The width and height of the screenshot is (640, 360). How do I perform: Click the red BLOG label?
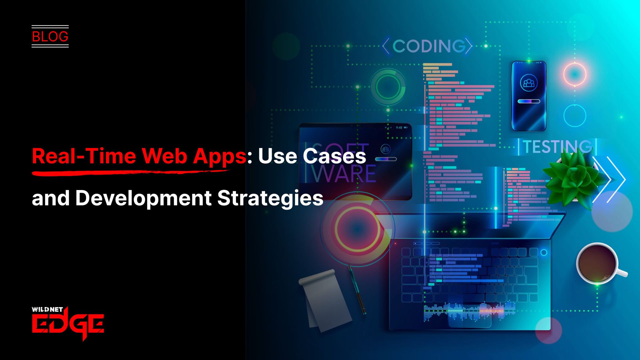50,36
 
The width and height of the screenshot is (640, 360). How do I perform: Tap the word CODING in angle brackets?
429,46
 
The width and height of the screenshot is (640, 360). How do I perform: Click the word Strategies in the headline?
270,198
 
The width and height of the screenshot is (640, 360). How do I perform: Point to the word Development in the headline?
143,198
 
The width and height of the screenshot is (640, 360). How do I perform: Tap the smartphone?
529,96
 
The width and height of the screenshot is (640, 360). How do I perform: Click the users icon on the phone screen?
529,83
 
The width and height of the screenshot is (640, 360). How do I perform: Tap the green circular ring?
388,87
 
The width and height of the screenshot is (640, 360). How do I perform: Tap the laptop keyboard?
470,273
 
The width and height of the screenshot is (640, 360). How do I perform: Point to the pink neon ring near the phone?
575,74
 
